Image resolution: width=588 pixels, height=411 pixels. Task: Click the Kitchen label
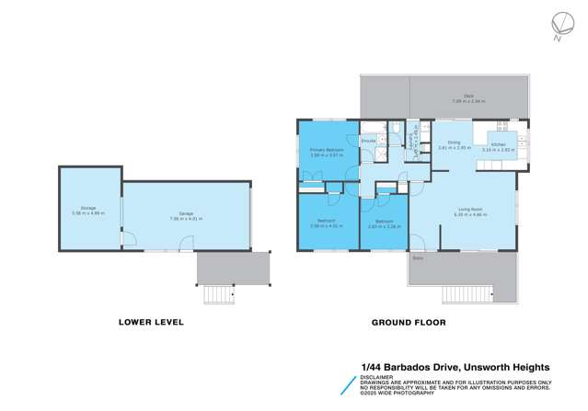(x=498, y=145)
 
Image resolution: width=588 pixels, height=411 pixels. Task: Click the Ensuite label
(x=368, y=140)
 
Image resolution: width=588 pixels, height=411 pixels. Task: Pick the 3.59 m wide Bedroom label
(x=327, y=223)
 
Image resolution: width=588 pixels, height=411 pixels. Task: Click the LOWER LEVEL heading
(x=151, y=323)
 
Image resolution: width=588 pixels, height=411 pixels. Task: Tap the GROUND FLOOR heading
(x=408, y=323)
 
